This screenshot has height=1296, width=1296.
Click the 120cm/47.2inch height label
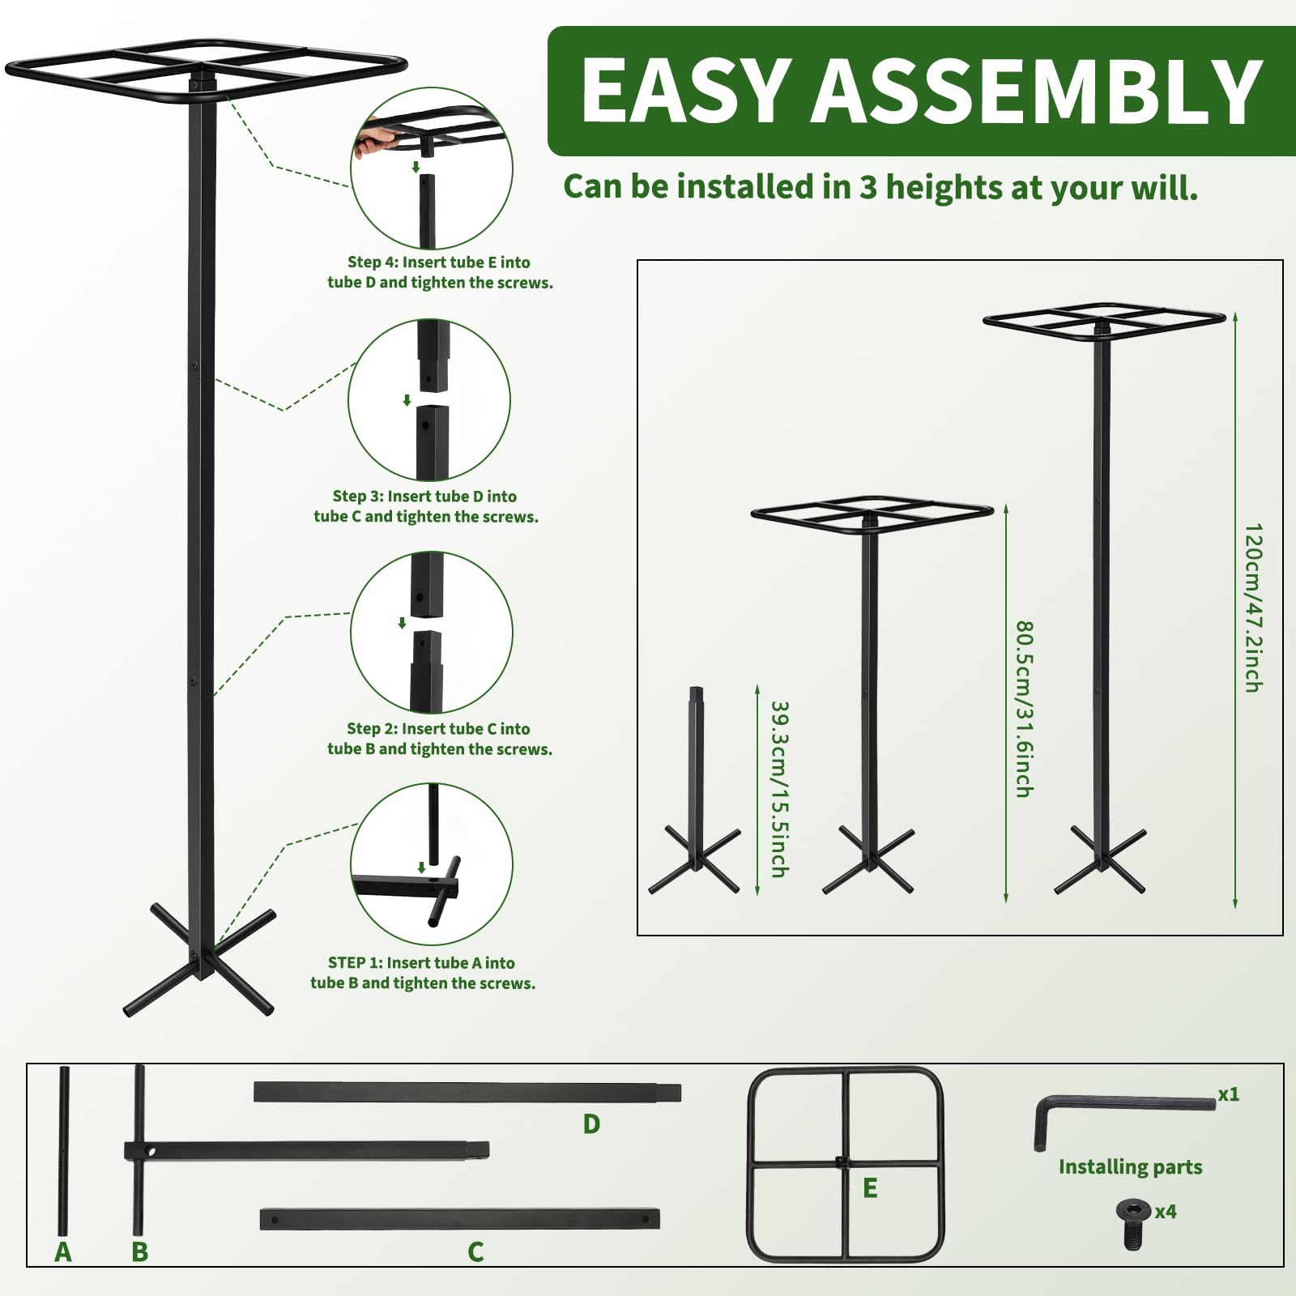pyautogui.click(x=1253, y=607)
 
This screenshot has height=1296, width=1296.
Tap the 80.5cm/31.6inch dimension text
pyautogui.click(x=1024, y=709)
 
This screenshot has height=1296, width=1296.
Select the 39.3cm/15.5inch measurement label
pyautogui.click(x=779, y=789)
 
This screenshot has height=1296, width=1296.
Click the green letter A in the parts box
pyautogui.click(x=63, y=1251)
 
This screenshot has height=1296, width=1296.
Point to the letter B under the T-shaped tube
pyautogui.click(x=140, y=1251)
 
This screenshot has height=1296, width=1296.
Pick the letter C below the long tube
pyautogui.click(x=475, y=1251)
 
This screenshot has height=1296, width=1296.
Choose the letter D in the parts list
pyautogui.click(x=591, y=1124)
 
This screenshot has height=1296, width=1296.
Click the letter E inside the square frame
pyautogui.click(x=870, y=1188)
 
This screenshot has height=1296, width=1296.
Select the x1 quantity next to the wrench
pyautogui.click(x=1229, y=1094)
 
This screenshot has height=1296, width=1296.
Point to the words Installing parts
pyautogui.click(x=1130, y=1167)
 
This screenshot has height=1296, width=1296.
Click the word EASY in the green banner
pyautogui.click(x=686, y=91)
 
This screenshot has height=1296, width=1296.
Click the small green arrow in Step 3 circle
pyautogui.click(x=407, y=400)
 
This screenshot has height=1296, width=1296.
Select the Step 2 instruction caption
pyautogui.click(x=439, y=739)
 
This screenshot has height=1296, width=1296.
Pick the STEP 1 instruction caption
pyautogui.click(x=423, y=973)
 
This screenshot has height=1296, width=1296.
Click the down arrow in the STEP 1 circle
pyautogui.click(x=421, y=868)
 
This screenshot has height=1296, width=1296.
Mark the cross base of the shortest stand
pyautogui.click(x=695, y=860)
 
